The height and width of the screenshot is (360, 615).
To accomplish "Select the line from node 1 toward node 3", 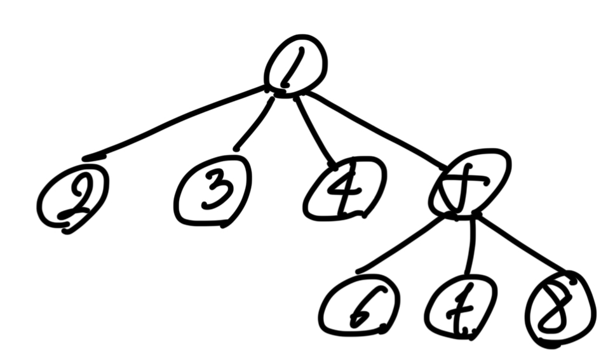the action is coord(254,124).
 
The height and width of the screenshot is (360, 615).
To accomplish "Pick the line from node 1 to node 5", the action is coord(375,127).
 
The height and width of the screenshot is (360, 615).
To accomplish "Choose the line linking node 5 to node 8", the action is coord(521,244).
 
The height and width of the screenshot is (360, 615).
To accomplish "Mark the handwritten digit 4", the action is coord(343,190).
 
